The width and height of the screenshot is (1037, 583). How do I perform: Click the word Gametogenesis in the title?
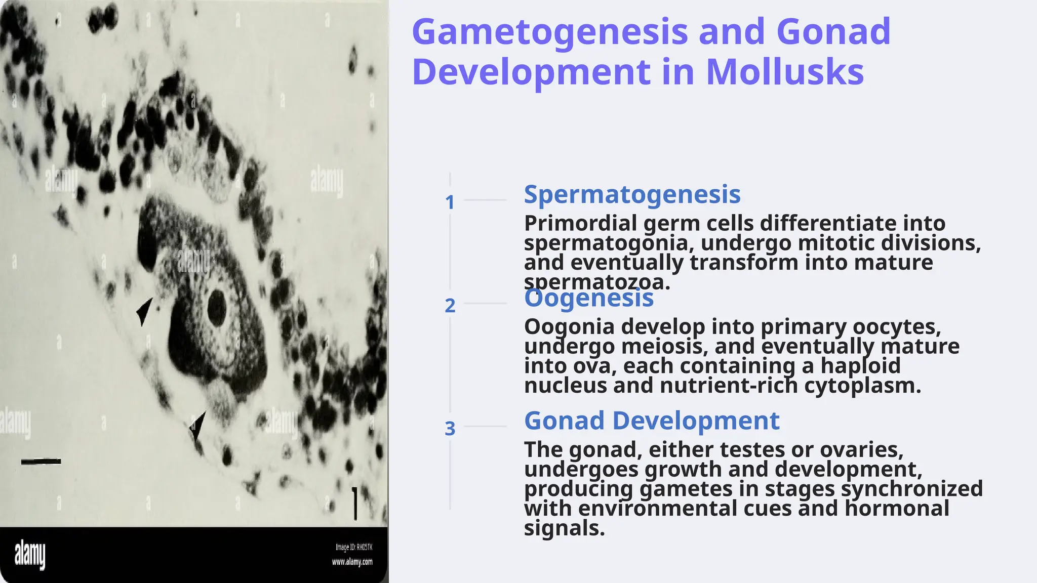coord(550,32)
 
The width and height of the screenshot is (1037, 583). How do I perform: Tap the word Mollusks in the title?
coord(785,72)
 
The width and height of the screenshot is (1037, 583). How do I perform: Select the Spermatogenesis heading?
coord(632,194)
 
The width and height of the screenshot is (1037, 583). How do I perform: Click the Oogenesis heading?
coord(589,298)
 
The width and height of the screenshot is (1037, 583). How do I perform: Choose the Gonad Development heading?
coord(652,421)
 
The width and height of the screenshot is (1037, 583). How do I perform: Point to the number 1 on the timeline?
coord(450,202)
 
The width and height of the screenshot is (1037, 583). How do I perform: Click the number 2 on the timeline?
coord(450,306)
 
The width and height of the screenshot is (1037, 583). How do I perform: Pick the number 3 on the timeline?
coord(450,429)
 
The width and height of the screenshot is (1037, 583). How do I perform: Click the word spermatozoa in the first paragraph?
coord(597,282)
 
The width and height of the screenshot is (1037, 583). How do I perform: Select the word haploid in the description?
coord(860,365)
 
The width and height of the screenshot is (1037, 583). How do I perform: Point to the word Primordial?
coord(580,223)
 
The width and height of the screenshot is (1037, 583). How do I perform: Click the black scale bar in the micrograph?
coord(41,462)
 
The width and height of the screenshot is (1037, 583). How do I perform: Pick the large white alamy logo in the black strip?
coord(30,555)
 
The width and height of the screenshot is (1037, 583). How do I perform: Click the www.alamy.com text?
coord(352,562)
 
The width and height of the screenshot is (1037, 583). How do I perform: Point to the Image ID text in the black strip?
coord(354,547)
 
